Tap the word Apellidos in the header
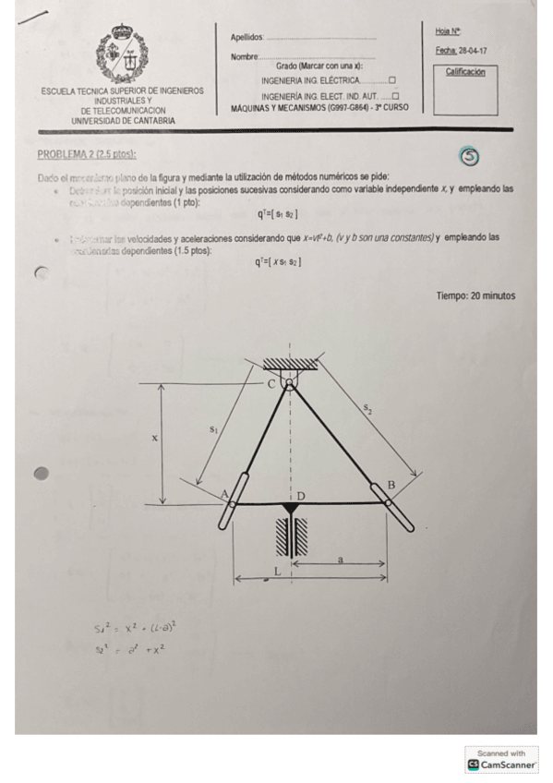click(246, 38)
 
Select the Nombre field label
click(245, 57)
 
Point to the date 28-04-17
click(474, 52)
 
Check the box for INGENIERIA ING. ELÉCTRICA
click(392, 80)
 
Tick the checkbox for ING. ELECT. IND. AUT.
click(395, 96)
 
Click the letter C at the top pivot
click(271, 383)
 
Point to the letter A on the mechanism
click(224, 494)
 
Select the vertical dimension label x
click(154, 438)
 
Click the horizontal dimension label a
click(341, 558)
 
